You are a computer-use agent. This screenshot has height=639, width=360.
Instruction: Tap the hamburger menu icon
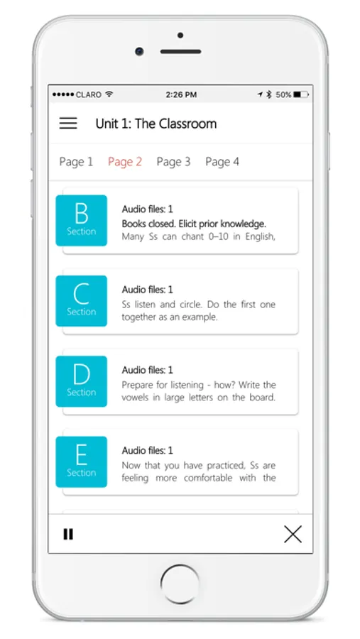coord(68,123)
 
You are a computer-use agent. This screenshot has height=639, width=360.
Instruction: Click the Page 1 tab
coord(76,162)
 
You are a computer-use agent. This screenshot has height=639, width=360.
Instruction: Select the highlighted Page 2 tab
coord(125,162)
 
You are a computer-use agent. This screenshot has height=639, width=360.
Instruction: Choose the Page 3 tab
coord(173,162)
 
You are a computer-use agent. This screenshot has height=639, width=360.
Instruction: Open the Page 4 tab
coord(222,162)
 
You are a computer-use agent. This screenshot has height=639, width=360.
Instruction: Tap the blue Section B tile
coord(82,221)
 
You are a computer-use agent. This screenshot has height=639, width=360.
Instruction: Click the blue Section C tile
coord(82,301)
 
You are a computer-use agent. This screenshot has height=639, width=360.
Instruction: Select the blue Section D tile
coord(82,381)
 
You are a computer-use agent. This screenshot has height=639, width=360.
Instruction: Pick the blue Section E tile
coord(82,461)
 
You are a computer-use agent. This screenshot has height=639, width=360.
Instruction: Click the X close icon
coord(293,534)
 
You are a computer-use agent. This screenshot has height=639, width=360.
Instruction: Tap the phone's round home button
coord(180,584)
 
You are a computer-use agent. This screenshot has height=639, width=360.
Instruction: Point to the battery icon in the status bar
coord(301,94)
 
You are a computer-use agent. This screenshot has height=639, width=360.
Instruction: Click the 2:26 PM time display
coord(181,94)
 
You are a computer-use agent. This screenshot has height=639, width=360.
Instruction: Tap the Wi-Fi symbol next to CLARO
coord(109,94)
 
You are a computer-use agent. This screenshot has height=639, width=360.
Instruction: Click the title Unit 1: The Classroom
coord(156,124)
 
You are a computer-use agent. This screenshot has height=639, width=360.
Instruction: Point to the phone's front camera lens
coord(139,51)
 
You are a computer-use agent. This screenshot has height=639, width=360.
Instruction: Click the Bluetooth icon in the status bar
coord(268,94)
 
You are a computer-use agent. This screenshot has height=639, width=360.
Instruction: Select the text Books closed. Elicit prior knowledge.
coord(194,224)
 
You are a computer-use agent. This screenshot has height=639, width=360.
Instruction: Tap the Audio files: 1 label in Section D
coord(147,370)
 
